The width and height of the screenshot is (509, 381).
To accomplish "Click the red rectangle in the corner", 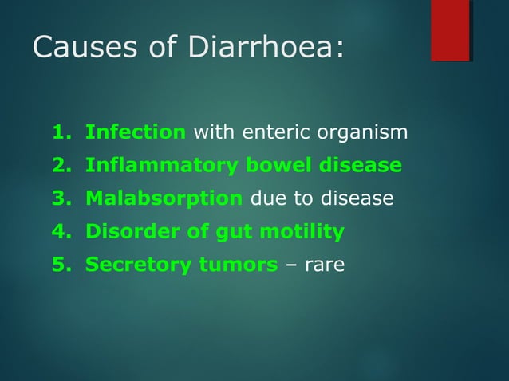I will (x=450, y=30).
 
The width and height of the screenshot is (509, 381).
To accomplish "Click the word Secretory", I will (x=132, y=265).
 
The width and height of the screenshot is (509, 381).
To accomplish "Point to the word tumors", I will (x=233, y=265).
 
